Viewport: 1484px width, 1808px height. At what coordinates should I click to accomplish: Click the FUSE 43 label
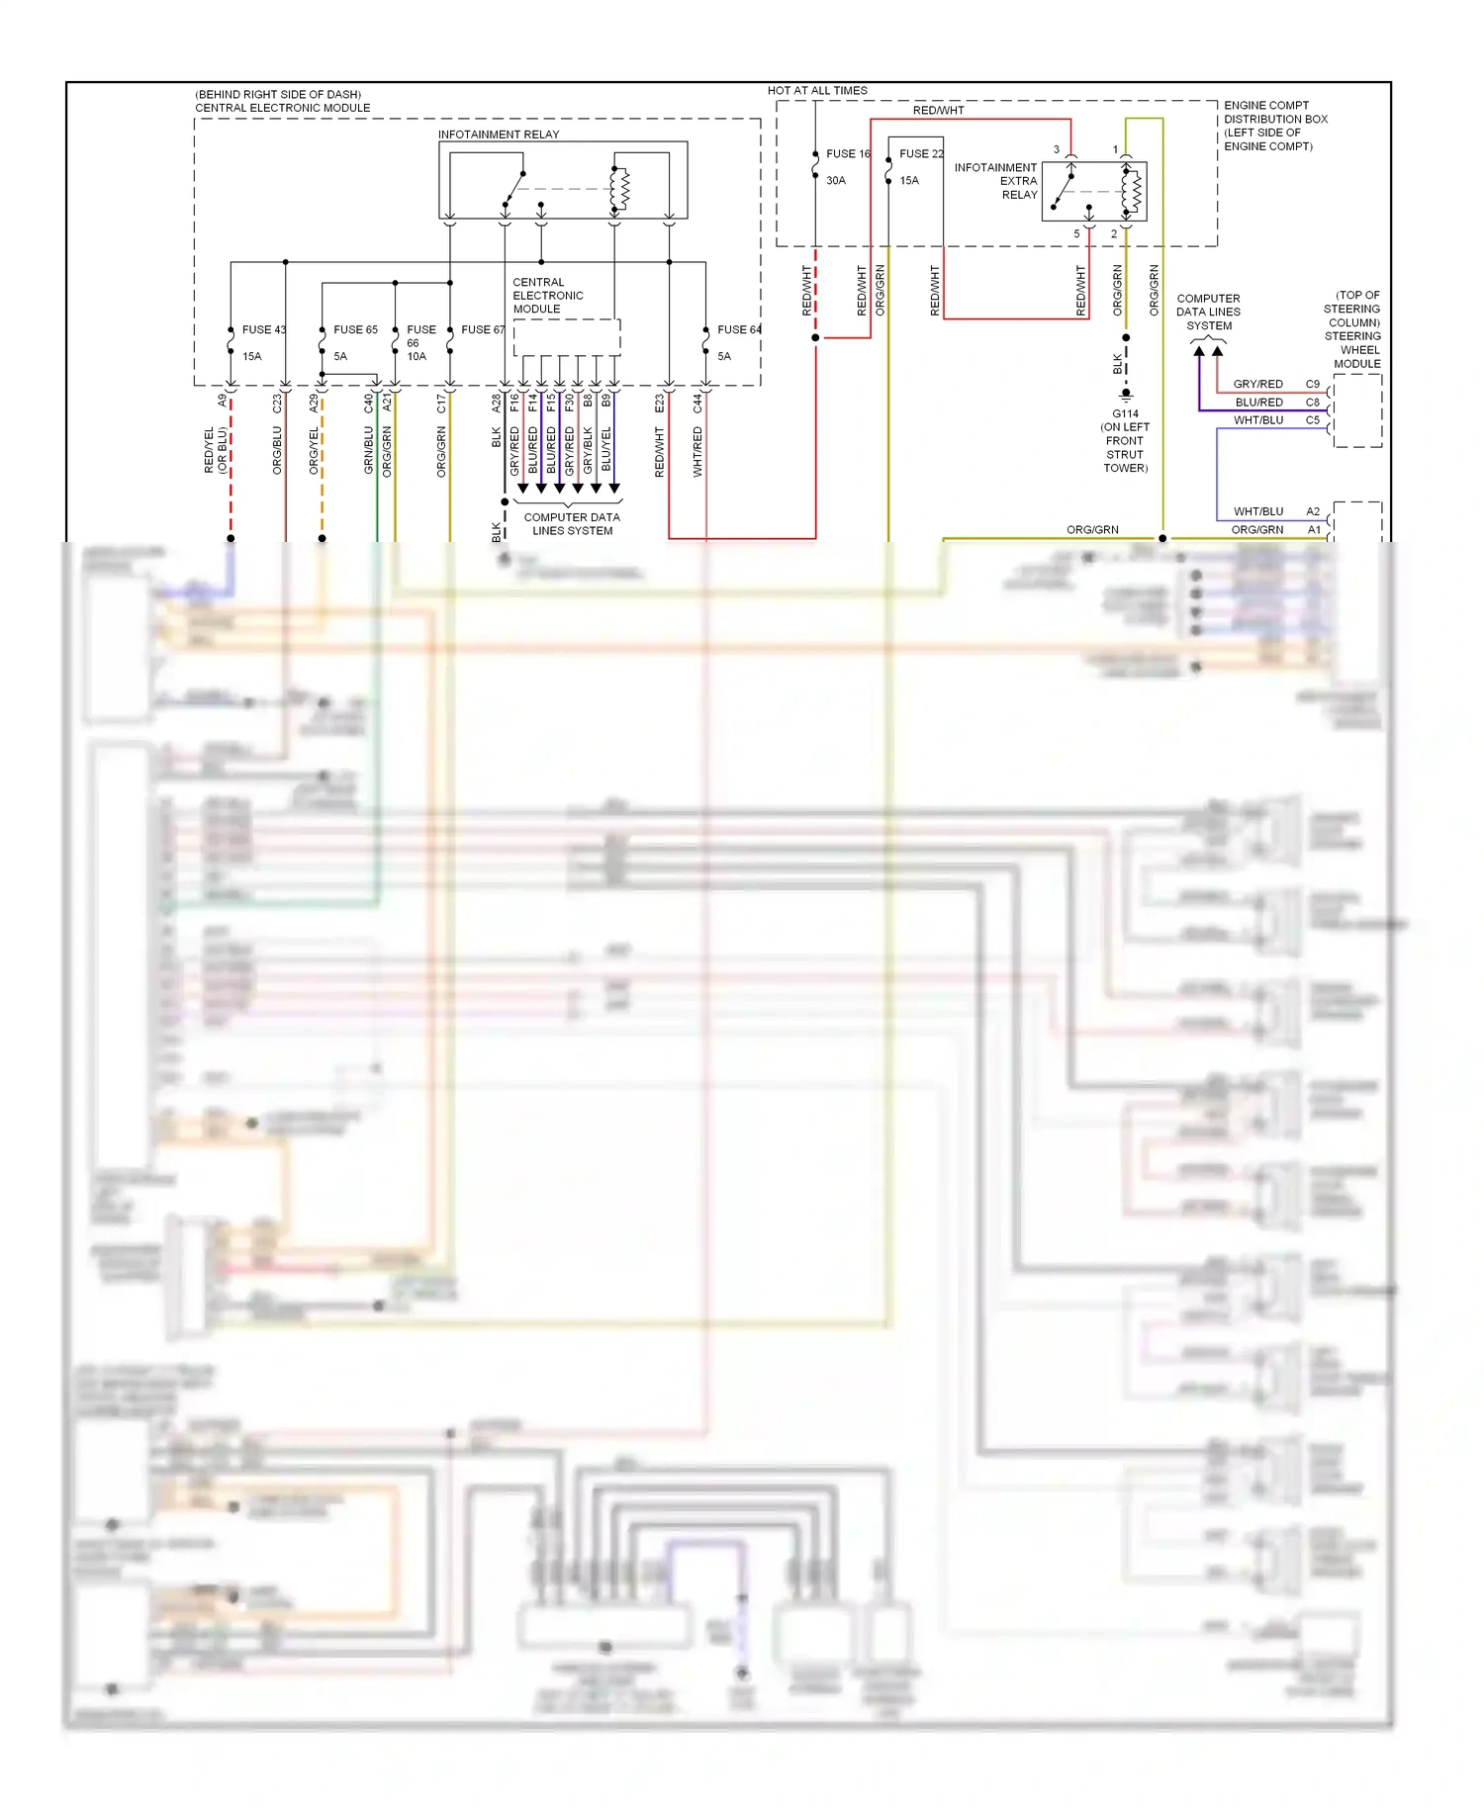click(263, 329)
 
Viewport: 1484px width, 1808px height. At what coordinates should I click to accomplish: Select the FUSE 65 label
click(355, 329)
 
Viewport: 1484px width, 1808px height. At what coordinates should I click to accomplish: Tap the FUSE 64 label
click(739, 329)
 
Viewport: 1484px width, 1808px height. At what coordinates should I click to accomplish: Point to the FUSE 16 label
click(848, 153)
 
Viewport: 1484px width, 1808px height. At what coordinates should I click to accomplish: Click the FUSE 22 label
click(921, 153)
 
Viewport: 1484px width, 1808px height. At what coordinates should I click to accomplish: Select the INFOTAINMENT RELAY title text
click(499, 135)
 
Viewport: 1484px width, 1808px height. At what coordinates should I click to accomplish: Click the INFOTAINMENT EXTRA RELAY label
click(996, 181)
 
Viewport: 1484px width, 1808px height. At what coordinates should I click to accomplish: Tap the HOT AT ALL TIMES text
click(817, 90)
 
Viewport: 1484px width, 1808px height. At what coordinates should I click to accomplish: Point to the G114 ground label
click(1125, 413)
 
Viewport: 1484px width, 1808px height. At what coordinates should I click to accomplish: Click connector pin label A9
click(223, 401)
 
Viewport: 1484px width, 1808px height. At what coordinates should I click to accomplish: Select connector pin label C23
click(277, 404)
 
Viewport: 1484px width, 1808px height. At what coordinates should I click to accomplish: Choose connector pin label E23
click(660, 404)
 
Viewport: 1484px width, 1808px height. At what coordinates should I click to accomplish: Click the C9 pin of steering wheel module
click(1312, 384)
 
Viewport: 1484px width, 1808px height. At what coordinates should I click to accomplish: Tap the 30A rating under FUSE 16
click(836, 180)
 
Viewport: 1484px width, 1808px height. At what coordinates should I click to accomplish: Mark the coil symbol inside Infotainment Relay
click(619, 189)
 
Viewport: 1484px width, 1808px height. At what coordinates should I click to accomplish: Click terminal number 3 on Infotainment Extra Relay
click(1056, 149)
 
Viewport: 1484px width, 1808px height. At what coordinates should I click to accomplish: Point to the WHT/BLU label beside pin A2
click(1257, 511)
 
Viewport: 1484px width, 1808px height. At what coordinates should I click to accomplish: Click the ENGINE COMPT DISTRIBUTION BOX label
click(1274, 125)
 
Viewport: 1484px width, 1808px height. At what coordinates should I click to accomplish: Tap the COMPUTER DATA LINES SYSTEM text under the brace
click(572, 524)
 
